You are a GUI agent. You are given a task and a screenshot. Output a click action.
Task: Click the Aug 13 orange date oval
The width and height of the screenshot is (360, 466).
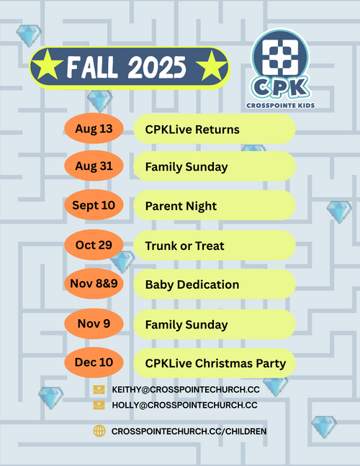coord(94,129)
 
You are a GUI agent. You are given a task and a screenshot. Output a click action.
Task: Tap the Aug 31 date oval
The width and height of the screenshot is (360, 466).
coord(94,166)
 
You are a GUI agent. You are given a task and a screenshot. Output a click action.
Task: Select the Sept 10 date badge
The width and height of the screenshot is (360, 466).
coord(94,205)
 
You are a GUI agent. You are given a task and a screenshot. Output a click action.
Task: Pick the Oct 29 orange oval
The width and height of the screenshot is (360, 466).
coord(94,245)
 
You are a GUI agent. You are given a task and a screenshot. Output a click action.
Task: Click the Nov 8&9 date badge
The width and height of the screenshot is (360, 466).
coord(94,284)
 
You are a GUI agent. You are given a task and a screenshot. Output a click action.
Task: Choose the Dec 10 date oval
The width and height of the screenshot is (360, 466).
coord(94,362)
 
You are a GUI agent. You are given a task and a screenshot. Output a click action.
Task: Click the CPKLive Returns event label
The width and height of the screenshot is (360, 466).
coord(192,130)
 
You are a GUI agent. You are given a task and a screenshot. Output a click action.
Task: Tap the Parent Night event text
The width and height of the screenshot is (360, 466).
coord(181,206)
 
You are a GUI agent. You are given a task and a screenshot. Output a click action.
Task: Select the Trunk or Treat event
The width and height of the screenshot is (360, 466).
coord(185,246)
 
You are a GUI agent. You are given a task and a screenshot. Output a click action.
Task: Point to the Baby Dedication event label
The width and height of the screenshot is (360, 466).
coord(192,284)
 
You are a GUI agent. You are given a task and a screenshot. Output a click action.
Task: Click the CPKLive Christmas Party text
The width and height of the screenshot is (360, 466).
coord(215,364)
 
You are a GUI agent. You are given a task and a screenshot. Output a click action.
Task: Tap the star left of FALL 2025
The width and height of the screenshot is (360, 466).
coord(47,65)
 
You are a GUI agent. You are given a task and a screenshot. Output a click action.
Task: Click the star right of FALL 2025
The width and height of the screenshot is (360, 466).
coord(212,66)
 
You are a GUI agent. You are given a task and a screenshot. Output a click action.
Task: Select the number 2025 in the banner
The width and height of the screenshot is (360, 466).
coord(157,67)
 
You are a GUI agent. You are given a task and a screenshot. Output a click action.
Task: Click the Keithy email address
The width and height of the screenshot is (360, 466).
coord(186,390)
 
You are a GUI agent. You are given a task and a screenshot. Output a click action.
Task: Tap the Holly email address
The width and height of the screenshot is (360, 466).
coord(184,405)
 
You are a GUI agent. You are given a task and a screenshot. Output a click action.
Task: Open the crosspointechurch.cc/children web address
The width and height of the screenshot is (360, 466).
coord(189,431)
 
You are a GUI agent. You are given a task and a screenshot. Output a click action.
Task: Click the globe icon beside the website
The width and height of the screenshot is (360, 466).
coord(99,431)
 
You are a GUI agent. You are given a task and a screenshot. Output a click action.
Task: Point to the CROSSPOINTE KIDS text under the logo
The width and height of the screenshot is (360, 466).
coord(280,105)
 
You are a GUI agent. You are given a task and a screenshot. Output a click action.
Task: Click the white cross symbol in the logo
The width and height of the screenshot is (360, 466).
coord(280,58)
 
